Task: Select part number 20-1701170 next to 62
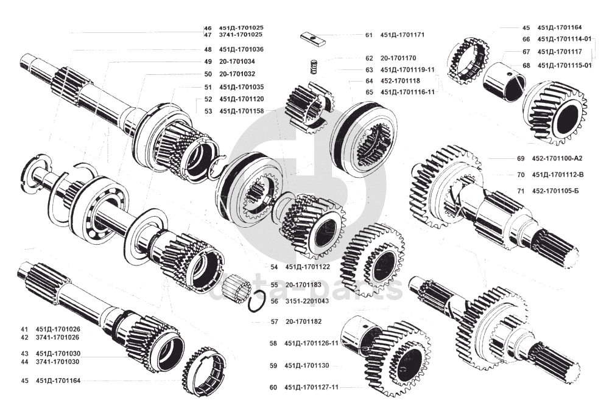399,58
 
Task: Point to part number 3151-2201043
308,301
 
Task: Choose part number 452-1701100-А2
557,158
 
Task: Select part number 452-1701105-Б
555,191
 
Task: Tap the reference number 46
208,28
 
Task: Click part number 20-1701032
237,74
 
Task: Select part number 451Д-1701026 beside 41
58,329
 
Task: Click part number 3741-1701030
58,362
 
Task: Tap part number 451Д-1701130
307,366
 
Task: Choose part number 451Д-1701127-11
311,387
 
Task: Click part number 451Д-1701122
308,267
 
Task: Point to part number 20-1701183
303,284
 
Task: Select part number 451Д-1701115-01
565,65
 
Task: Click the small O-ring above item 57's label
258,300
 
